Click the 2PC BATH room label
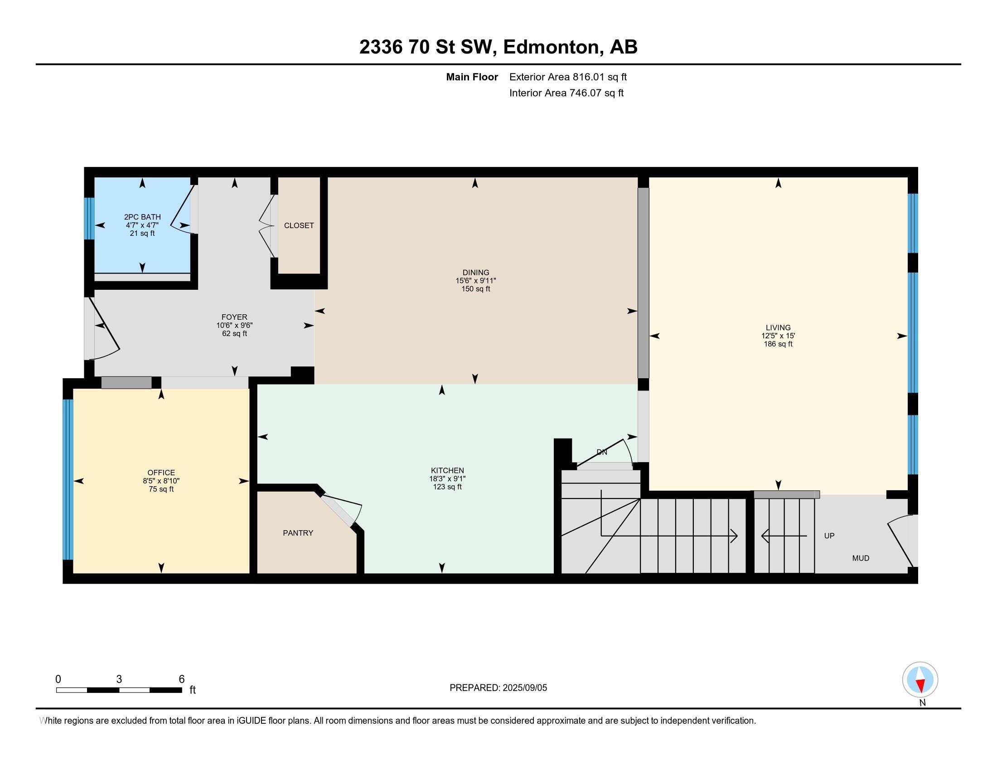click(x=142, y=217)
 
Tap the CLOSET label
click(x=299, y=226)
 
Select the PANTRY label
click(x=298, y=533)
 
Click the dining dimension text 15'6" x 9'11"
click(x=475, y=281)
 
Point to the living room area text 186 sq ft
click(x=778, y=344)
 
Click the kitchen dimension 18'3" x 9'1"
click(x=447, y=478)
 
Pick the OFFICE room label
click(x=161, y=473)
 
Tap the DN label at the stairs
click(x=602, y=452)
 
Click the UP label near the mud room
click(x=829, y=536)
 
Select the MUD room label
click(x=861, y=558)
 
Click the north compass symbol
click(x=920, y=680)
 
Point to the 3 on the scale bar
click(x=119, y=679)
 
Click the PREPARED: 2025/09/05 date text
click(x=498, y=688)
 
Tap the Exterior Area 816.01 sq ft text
click(x=568, y=77)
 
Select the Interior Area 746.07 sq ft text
click(x=566, y=93)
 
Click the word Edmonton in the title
click(x=552, y=47)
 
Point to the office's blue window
click(x=68, y=479)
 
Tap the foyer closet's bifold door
click(x=267, y=226)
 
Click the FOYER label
click(x=234, y=317)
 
